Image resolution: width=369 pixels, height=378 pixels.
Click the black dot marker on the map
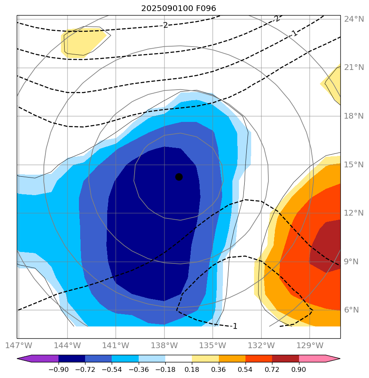coord(179,177)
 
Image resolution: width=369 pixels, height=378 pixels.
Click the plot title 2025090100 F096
coord(178,8)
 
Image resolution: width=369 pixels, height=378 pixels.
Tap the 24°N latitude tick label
coord(353,19)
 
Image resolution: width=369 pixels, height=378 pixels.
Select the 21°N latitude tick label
coord(353,67)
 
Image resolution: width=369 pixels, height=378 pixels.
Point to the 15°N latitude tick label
coord(353,164)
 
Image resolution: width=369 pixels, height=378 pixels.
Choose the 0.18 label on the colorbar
coord(192,370)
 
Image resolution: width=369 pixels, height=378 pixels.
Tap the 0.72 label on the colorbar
coord(272,370)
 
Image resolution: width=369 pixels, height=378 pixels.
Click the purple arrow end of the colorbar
coord(25,359)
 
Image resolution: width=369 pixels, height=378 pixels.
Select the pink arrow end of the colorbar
coord(333,359)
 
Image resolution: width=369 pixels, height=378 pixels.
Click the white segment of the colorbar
coord(178,359)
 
